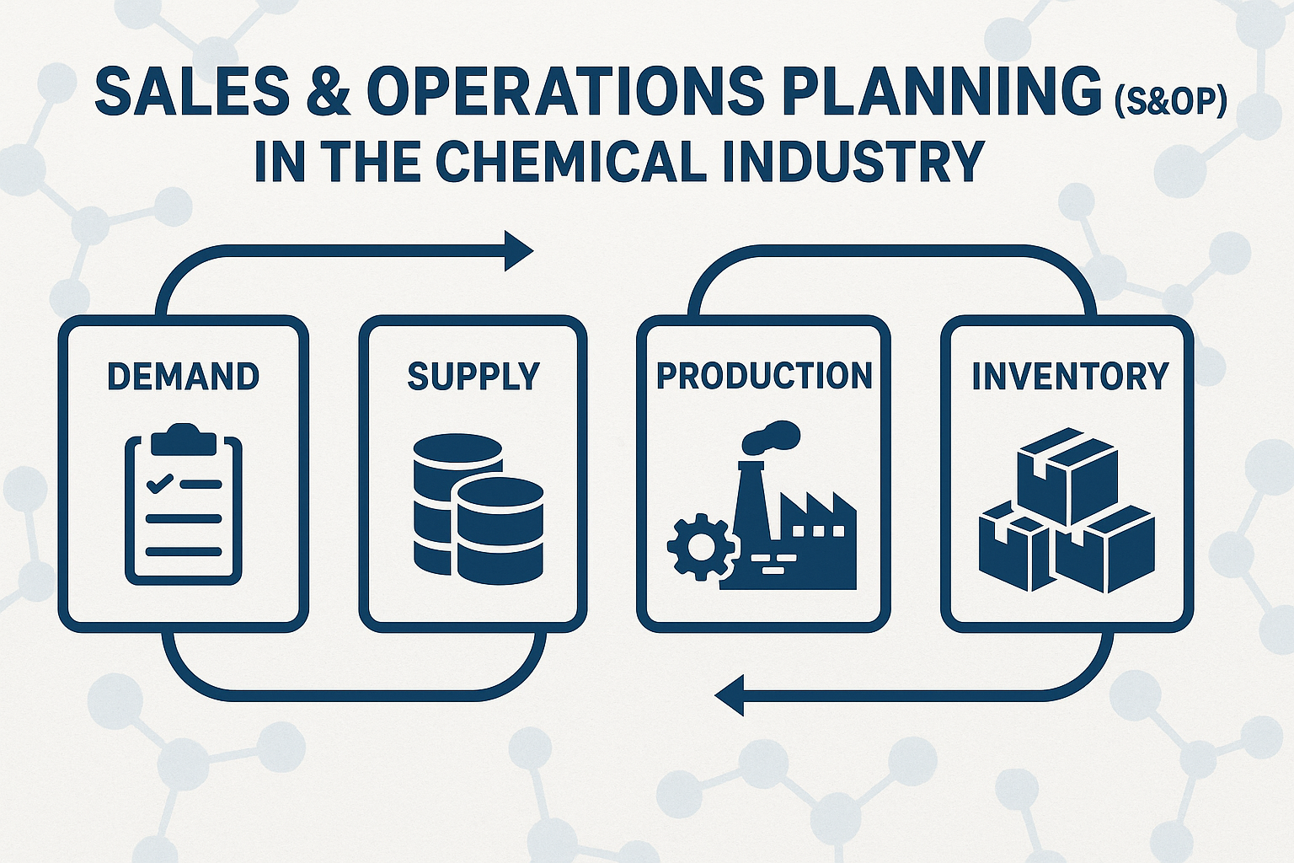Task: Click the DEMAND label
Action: [x=183, y=376]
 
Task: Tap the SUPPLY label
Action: [x=473, y=376]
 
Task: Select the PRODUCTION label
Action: [x=764, y=376]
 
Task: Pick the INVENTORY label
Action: [x=1071, y=376]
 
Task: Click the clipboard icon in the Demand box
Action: [x=184, y=503]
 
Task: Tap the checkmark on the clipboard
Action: [x=160, y=483]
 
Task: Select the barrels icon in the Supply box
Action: [x=479, y=508]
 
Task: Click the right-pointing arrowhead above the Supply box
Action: [x=519, y=251]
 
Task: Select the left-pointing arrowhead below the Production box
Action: [x=729, y=695]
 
